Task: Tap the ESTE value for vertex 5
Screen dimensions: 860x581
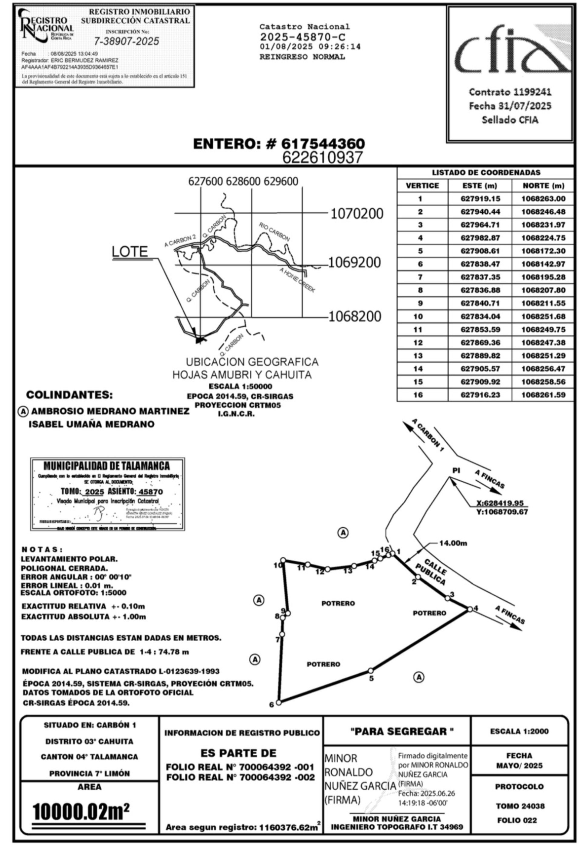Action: (x=480, y=251)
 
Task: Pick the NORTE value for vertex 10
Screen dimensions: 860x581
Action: (x=543, y=316)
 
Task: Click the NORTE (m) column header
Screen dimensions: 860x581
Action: (x=543, y=185)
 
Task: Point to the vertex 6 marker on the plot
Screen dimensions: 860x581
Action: (x=279, y=702)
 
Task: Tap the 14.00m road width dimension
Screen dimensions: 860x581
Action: (x=453, y=543)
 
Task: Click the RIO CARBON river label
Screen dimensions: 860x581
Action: (x=274, y=232)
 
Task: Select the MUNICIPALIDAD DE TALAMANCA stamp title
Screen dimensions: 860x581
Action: (x=107, y=466)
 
